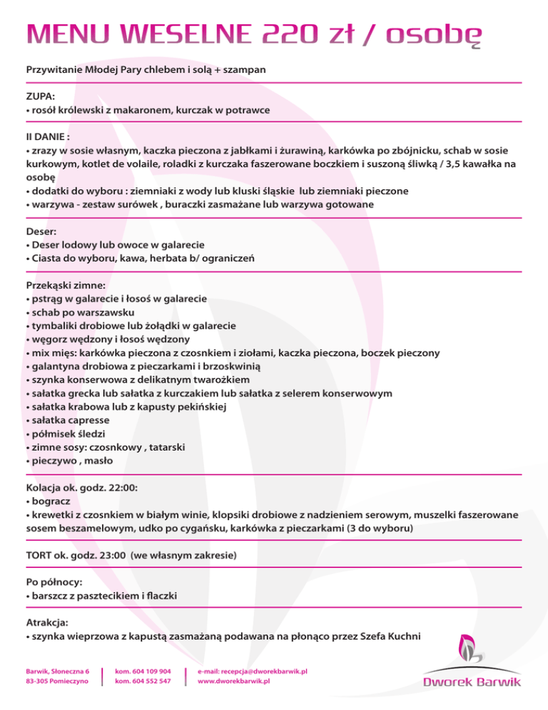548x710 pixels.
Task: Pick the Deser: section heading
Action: pos(42,231)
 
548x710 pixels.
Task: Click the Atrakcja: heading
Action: pos(48,621)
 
